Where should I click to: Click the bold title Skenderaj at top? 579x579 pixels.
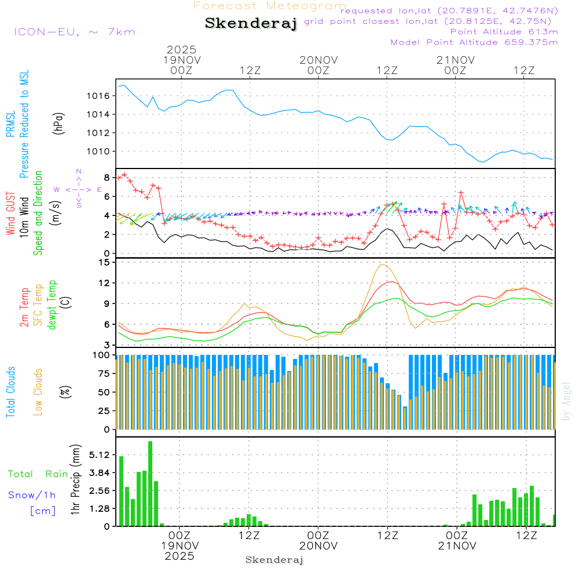(x=251, y=23)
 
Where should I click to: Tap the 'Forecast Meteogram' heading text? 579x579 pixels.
(x=270, y=6)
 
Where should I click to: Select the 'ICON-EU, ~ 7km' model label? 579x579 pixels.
(x=74, y=31)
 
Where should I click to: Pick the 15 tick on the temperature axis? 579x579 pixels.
(x=105, y=262)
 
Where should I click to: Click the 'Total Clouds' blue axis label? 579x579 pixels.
(x=10, y=391)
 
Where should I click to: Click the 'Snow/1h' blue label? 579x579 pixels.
(x=32, y=495)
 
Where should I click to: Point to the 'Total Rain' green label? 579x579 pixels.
(x=38, y=474)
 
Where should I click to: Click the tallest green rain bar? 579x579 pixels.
(x=150, y=483)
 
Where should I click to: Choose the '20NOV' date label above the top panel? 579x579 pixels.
(x=318, y=60)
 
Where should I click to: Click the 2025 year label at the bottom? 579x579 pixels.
(x=179, y=556)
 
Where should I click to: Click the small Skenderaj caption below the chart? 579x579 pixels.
(x=274, y=560)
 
